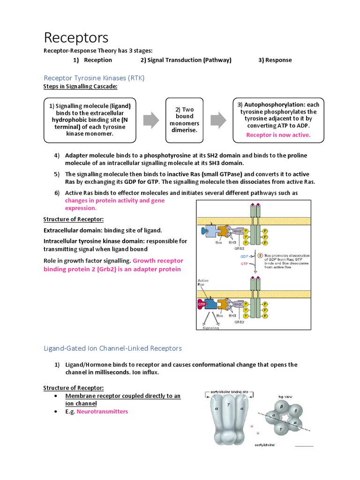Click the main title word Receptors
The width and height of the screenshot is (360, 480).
[76, 37]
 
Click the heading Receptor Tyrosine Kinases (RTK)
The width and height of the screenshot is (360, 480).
[94, 78]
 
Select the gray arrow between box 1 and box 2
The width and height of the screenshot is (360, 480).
[151, 120]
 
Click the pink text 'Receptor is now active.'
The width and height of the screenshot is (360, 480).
[278, 135]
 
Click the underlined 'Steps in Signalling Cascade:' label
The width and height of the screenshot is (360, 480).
[80, 87]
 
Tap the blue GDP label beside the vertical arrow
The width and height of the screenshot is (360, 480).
[244, 257]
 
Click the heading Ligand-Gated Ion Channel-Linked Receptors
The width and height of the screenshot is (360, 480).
[112, 348]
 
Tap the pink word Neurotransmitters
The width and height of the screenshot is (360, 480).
[102, 412]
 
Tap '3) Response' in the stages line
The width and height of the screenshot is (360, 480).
[275, 60]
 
